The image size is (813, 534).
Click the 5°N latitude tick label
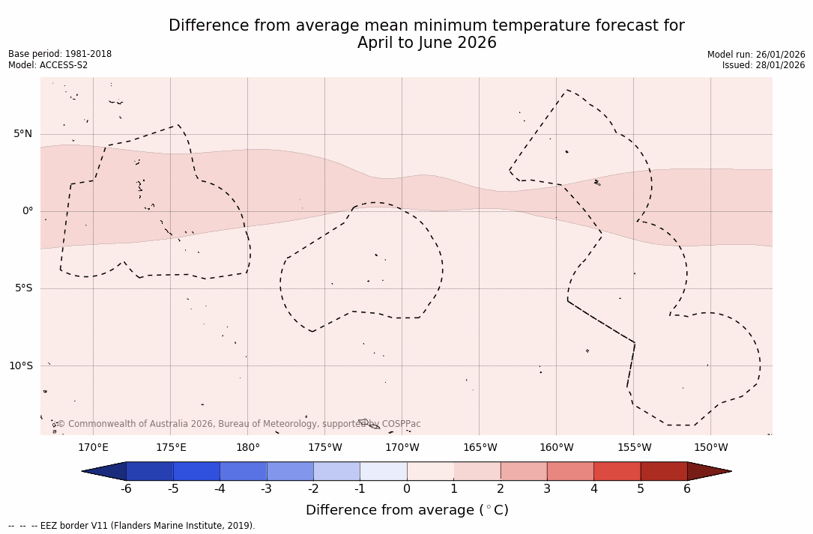pos(22,134)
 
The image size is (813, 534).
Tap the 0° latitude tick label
pos(28,211)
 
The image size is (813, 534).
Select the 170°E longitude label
pos(93,448)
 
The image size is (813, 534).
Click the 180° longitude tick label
pos(248,448)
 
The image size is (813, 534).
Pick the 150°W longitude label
pos(710,448)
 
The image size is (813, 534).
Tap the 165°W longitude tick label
pos(480,448)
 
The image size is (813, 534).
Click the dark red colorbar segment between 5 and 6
pos(664,471)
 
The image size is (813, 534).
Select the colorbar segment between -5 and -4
pos(197,471)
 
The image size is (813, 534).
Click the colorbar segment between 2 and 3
pos(524,471)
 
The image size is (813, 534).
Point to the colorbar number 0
pos(407,489)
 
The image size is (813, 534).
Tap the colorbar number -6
pos(126,489)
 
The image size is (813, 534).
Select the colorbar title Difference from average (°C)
pos(407,511)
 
